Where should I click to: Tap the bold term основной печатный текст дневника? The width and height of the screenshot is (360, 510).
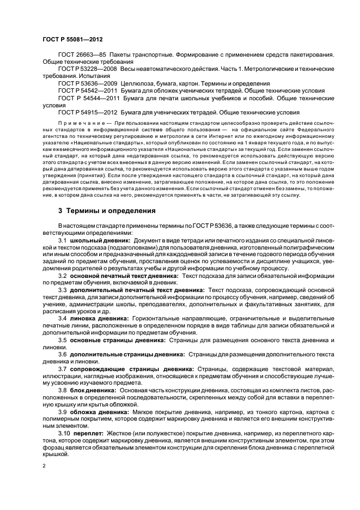(x=124, y=276)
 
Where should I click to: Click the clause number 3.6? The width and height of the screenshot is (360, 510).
(x=62, y=354)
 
